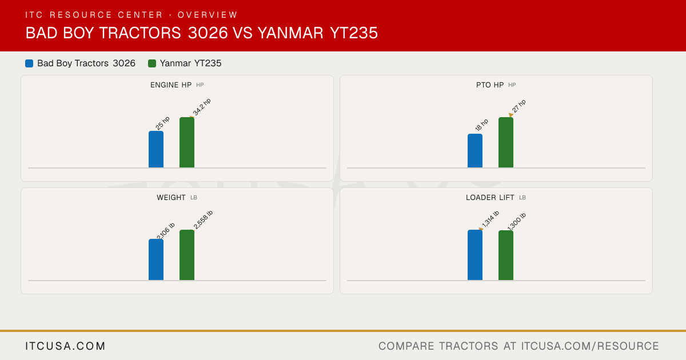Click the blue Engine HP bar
(x=156, y=149)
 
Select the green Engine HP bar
(x=187, y=142)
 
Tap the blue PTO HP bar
(x=475, y=151)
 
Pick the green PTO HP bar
(x=506, y=142)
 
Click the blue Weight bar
(x=156, y=259)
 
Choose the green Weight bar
(x=187, y=255)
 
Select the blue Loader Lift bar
(x=475, y=255)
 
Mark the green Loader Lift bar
(x=506, y=255)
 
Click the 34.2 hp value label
(x=202, y=107)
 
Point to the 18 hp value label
(x=481, y=125)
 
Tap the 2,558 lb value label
(x=203, y=219)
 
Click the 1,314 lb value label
(x=490, y=219)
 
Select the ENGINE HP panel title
(x=171, y=85)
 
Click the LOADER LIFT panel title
(x=490, y=198)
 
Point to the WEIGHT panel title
(x=171, y=198)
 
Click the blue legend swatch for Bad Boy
(x=29, y=63)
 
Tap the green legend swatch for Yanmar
(x=152, y=63)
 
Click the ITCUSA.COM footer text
(x=65, y=346)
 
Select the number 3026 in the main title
(x=208, y=33)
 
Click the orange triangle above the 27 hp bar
(x=511, y=115)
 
